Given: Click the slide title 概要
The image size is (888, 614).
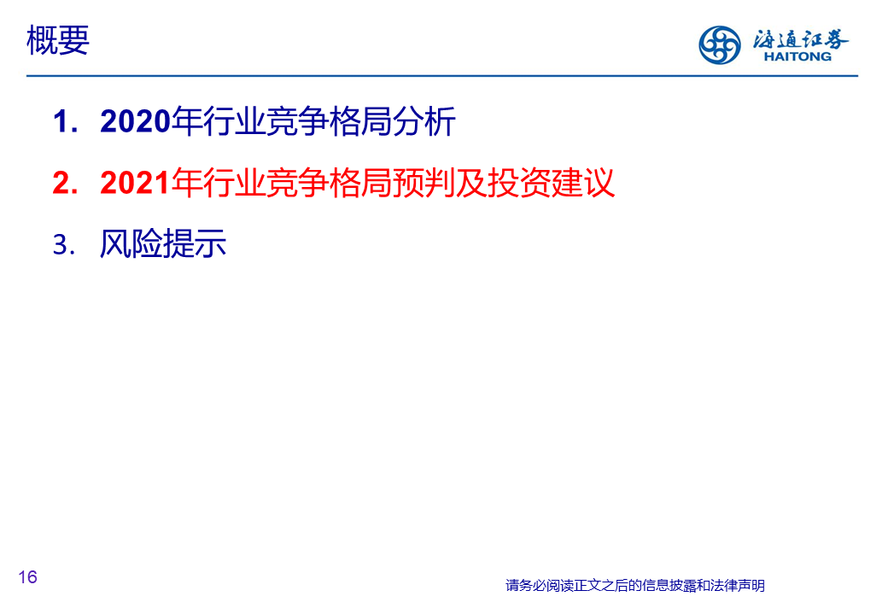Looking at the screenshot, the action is (58, 40).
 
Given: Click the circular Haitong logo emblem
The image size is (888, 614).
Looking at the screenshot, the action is (719, 44).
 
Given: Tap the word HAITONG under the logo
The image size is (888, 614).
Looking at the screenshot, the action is (797, 56).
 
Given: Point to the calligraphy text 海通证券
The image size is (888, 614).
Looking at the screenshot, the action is (800, 39).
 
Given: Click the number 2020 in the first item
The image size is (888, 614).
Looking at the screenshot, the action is (136, 121).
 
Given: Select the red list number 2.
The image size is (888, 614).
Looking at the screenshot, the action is (64, 183).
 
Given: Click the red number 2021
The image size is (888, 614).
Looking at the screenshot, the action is (136, 183).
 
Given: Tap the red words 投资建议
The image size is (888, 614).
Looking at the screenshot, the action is (551, 183).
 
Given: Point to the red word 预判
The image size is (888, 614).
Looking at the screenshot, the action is (424, 183).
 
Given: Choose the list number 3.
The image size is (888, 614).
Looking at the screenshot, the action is (63, 245).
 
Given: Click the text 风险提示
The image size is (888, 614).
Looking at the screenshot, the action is (163, 244).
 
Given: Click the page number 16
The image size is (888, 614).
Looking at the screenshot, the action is (27, 577).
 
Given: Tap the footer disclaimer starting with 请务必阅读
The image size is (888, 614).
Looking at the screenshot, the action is (635, 586).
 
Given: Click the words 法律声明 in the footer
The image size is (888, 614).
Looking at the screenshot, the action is (738, 586).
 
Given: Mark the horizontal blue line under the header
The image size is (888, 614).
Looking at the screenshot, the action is (442, 75).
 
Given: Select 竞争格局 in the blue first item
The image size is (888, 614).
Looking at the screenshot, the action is (329, 121).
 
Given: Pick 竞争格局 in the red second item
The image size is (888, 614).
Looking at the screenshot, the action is (329, 183).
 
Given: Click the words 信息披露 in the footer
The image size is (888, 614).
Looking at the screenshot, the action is (669, 586).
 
